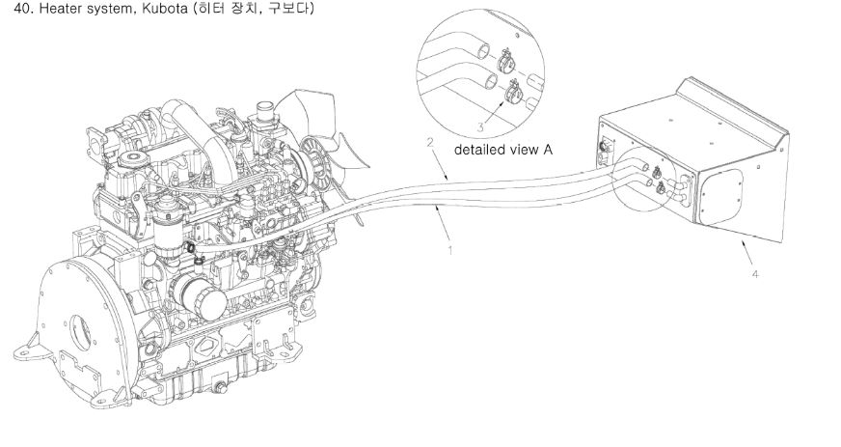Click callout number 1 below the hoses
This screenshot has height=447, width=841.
click(450, 249)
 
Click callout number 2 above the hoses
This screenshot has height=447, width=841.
click(429, 142)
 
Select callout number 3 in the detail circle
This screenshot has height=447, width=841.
click(480, 127)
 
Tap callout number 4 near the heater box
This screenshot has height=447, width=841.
click(755, 274)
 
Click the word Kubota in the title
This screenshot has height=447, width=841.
click(164, 9)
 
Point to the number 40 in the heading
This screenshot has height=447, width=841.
click(20, 9)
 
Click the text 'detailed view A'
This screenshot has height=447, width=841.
click(503, 150)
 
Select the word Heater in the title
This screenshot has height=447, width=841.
click(59, 9)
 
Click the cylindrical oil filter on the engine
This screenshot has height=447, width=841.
click(201, 295)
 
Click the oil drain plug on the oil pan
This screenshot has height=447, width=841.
click(219, 388)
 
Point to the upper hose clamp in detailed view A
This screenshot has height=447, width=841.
click(504, 61)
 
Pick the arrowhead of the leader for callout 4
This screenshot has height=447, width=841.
click(743, 241)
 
